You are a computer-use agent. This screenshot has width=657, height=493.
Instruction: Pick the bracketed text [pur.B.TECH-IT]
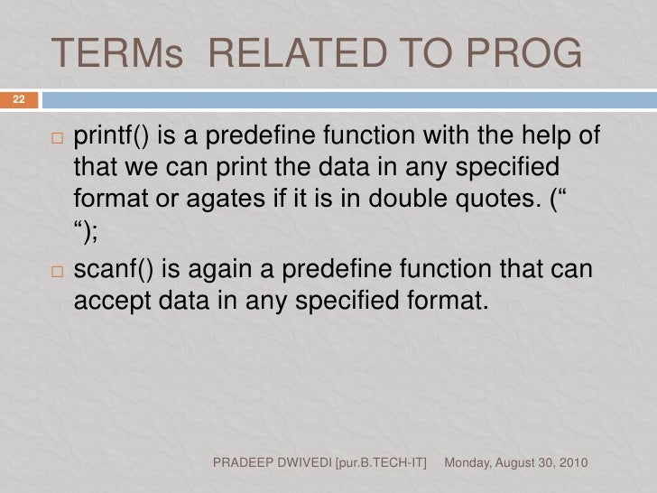click(389, 463)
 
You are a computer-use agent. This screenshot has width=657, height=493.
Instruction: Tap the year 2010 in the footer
click(572, 463)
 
